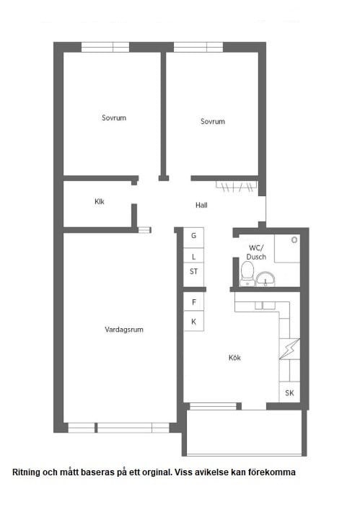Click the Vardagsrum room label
124,330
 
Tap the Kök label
234,358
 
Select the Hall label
201,206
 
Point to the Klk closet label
100,202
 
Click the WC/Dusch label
256,252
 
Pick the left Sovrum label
114,118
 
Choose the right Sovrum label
213,121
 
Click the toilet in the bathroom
247,274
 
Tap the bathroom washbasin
265,279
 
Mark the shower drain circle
294,239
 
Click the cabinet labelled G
194,237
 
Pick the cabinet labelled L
194,257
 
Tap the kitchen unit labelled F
194,301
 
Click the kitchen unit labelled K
194,321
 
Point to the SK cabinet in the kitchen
289,392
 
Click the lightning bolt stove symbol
289,349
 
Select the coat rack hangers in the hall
236,187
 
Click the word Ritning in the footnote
25,472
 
